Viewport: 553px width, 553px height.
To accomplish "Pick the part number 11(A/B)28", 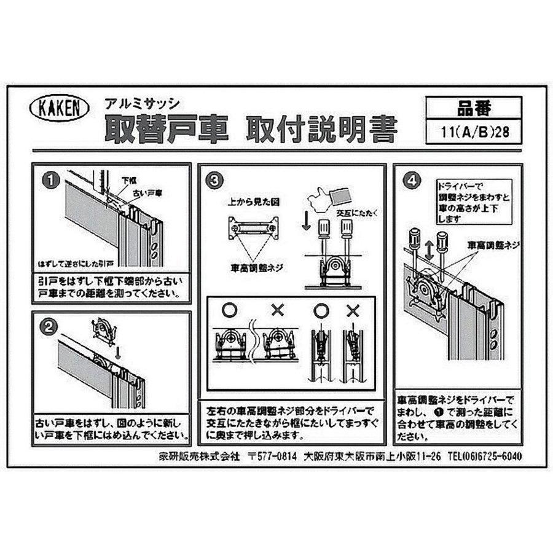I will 473,131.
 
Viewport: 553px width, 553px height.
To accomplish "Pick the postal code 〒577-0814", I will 273,457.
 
